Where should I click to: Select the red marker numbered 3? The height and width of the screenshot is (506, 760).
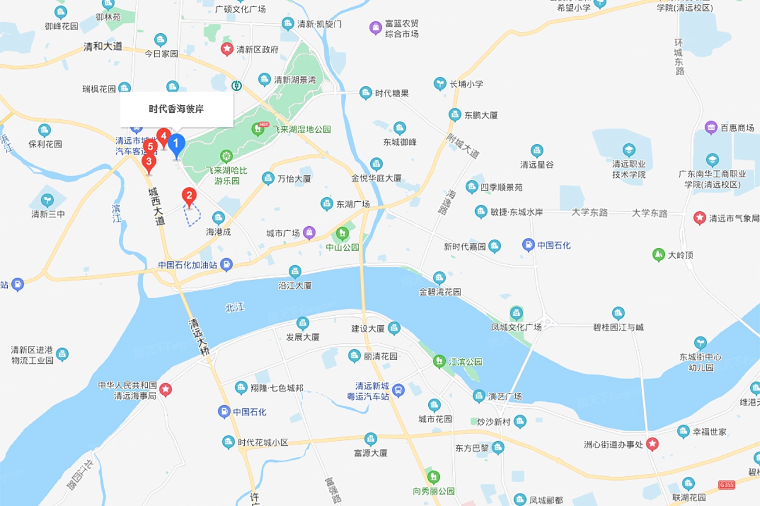[x=149, y=162]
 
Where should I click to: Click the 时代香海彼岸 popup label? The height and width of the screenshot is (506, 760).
[x=176, y=109]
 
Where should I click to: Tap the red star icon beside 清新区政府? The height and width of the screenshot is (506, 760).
[x=227, y=49]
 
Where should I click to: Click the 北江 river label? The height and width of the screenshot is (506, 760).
[x=235, y=308]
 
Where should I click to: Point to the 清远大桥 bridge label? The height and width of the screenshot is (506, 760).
[x=199, y=337]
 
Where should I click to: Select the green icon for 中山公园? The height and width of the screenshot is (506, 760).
[x=342, y=234]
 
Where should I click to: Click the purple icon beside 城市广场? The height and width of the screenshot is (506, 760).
[x=309, y=233]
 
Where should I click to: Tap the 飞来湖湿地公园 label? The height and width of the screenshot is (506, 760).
[x=302, y=130]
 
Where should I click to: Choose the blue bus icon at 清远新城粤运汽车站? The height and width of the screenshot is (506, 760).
[x=398, y=390]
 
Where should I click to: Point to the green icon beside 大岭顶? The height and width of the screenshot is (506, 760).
[x=658, y=254]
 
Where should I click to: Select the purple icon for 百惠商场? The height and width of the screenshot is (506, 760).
[x=711, y=127]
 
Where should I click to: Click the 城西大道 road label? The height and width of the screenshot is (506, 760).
[x=156, y=206]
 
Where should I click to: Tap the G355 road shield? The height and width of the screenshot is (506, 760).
[x=726, y=484]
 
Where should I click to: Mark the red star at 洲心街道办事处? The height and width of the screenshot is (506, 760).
[x=653, y=444]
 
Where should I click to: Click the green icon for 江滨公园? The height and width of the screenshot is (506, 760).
[x=439, y=361]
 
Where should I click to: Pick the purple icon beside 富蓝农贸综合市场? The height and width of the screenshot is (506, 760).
[x=375, y=28]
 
